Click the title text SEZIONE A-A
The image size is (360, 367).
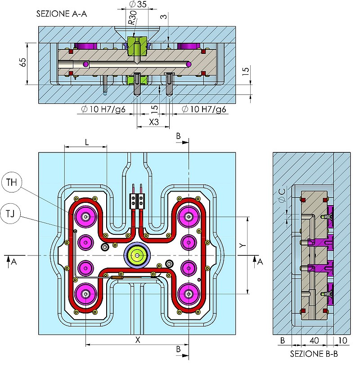62,13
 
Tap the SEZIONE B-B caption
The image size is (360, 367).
314,354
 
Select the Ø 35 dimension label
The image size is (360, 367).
138,4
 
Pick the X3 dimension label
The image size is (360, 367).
153,121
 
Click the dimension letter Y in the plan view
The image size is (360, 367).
242,246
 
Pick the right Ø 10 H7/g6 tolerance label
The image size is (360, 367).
204,109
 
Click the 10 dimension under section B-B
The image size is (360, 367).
343,340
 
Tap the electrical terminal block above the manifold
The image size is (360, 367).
137,198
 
